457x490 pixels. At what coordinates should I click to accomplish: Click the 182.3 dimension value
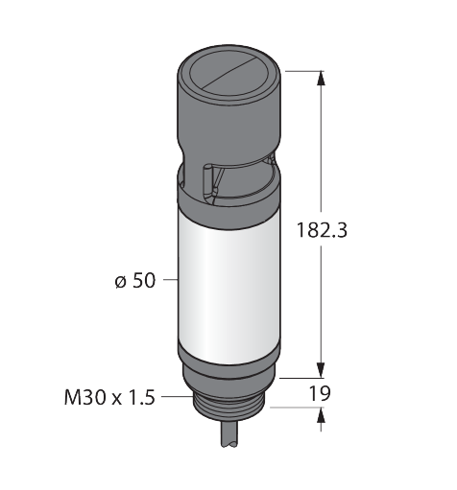click(x=322, y=230)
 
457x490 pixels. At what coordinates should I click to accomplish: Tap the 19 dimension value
click(x=320, y=393)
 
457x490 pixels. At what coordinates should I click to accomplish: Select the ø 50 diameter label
click(x=135, y=280)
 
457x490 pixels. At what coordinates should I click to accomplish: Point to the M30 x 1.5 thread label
click(x=109, y=397)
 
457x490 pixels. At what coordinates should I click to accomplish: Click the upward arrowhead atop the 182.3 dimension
click(x=321, y=78)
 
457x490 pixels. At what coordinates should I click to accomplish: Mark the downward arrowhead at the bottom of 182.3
click(x=321, y=370)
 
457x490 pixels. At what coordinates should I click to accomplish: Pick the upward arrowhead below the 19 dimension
click(x=321, y=415)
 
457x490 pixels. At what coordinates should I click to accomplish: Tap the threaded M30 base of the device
click(x=229, y=408)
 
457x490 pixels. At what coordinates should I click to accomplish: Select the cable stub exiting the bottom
click(x=229, y=434)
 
